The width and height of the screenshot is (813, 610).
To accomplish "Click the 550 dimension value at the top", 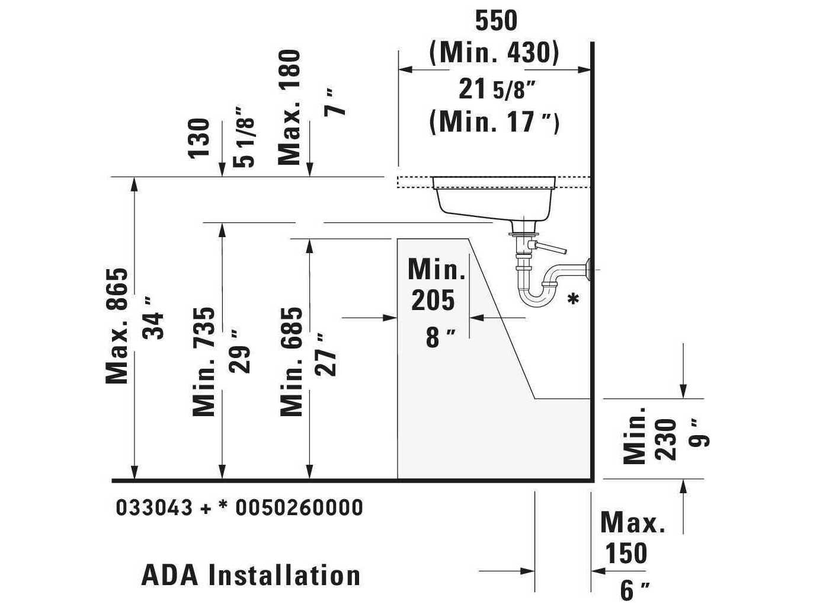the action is pyautogui.click(x=496, y=21).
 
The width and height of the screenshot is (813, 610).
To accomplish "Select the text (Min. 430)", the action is pyautogui.click(x=494, y=53).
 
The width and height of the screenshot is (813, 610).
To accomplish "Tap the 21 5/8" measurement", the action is pyautogui.click(x=497, y=90).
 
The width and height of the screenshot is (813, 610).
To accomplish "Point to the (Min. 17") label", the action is pyautogui.click(x=494, y=122).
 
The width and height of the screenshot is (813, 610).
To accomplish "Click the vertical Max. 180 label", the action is pyautogui.click(x=289, y=107).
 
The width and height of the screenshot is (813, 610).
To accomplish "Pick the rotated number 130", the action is pyautogui.click(x=199, y=139).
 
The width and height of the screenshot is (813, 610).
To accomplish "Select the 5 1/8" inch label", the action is pyautogui.click(x=244, y=137).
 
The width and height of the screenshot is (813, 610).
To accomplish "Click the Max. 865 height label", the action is pyautogui.click(x=117, y=326).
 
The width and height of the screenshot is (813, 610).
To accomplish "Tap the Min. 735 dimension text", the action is pyautogui.click(x=204, y=362).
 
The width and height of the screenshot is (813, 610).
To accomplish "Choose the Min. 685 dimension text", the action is pyautogui.click(x=291, y=362).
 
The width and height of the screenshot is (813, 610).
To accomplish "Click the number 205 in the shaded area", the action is pyautogui.click(x=433, y=301).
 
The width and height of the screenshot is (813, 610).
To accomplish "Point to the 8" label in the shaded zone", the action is pyautogui.click(x=441, y=338).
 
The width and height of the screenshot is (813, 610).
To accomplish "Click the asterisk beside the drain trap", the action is pyautogui.click(x=573, y=299).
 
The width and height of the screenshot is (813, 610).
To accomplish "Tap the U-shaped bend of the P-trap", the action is pyautogui.click(x=536, y=298).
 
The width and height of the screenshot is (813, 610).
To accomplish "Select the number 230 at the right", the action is pyautogui.click(x=665, y=440).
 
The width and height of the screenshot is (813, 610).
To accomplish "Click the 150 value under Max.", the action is pyautogui.click(x=626, y=553).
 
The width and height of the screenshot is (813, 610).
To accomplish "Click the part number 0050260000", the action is pyautogui.click(x=299, y=507).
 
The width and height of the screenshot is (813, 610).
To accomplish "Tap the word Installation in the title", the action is pyautogui.click(x=284, y=576).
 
